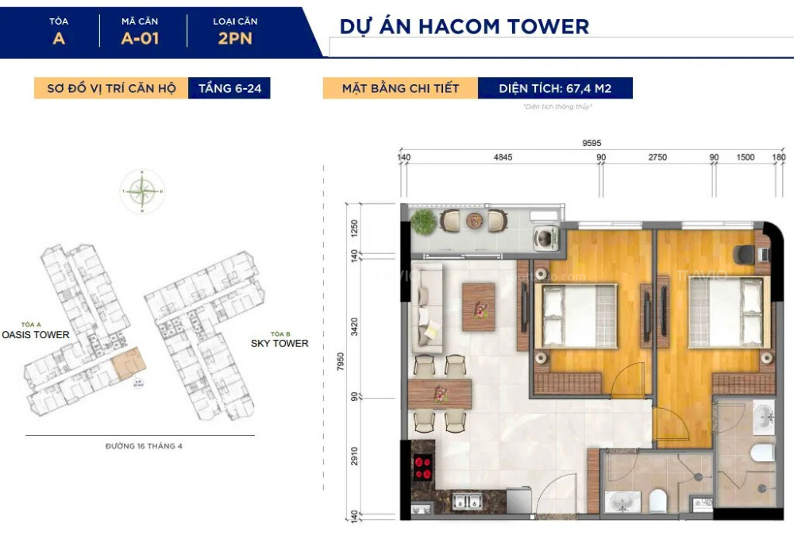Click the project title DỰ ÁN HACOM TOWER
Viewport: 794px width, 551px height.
click(x=464, y=25)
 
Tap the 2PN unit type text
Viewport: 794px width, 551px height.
click(x=235, y=37)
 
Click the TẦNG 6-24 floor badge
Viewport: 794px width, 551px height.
click(x=229, y=88)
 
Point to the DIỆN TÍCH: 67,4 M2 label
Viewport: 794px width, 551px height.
click(x=555, y=88)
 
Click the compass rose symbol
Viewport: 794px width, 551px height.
click(x=142, y=191)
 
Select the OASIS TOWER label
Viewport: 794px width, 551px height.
click(x=36, y=335)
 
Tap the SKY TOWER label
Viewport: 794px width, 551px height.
click(x=279, y=343)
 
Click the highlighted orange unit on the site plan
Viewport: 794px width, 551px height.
click(x=129, y=363)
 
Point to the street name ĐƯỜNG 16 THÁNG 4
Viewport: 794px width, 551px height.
click(x=144, y=446)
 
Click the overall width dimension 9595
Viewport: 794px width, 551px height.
click(x=591, y=144)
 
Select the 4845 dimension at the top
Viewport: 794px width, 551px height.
click(x=503, y=157)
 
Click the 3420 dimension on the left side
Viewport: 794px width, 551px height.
click(x=355, y=326)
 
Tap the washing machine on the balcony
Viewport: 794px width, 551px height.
click(x=545, y=237)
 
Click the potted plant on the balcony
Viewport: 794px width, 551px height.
click(x=424, y=222)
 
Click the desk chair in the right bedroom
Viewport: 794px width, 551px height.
click(x=745, y=254)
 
